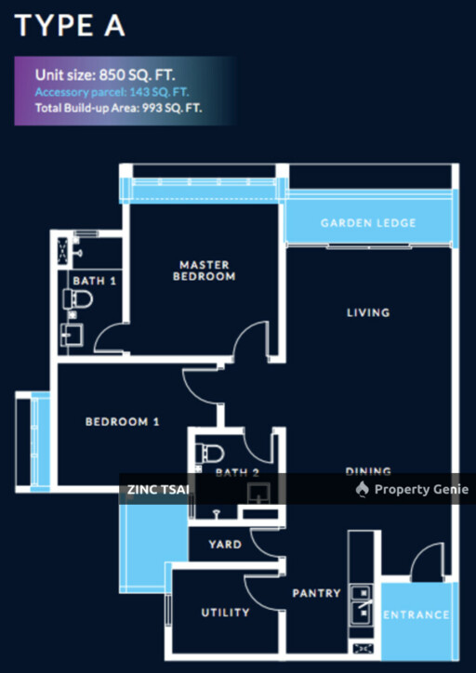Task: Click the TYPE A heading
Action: (x=70, y=25)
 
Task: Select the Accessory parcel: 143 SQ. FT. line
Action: (x=113, y=92)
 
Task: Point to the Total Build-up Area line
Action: (x=119, y=108)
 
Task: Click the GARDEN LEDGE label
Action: (x=368, y=223)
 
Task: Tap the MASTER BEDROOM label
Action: (x=207, y=271)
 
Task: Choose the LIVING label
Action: (x=368, y=312)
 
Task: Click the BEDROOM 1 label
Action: (x=123, y=422)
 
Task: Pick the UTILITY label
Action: (x=225, y=613)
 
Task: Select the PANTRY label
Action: (x=316, y=593)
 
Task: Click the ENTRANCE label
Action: (x=416, y=614)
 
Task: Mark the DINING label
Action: (x=368, y=471)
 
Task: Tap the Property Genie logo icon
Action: (x=363, y=490)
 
